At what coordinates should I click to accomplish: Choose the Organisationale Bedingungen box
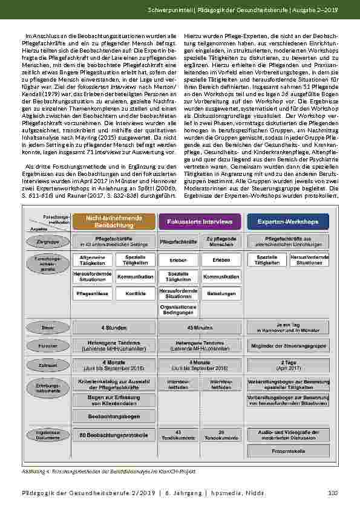coord(177,310)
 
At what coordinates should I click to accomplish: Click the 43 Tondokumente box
coord(177,435)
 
